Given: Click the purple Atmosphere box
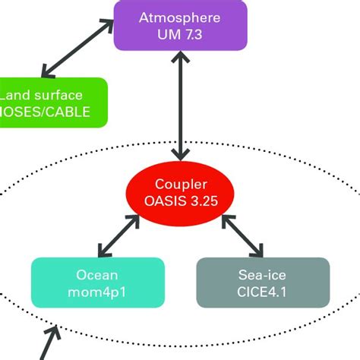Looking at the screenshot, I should point(180,24).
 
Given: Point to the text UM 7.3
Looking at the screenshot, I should point(180,34).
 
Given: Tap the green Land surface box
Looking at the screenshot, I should point(53,102).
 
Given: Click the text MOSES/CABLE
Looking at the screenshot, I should point(46,112).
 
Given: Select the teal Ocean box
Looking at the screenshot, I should point(97,283).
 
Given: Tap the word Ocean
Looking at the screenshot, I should point(97,273).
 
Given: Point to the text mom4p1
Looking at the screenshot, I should point(97,292).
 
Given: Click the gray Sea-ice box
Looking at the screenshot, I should point(263,283).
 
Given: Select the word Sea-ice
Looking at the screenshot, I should point(263,273).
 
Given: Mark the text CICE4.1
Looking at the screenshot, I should point(263,292).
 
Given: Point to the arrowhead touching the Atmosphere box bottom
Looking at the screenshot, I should point(180,56).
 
